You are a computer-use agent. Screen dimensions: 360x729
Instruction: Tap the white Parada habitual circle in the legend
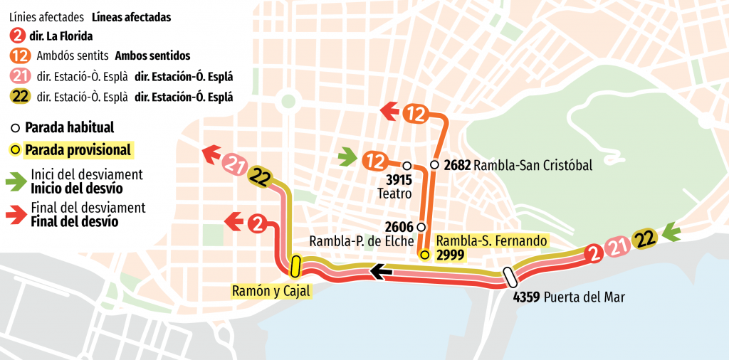[15, 129]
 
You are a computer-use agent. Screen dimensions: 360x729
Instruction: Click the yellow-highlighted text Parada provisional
[78, 150]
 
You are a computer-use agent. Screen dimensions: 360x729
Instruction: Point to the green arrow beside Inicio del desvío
[17, 181]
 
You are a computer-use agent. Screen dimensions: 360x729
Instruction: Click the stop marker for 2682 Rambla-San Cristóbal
[434, 165]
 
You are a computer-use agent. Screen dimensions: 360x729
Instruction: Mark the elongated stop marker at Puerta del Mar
[509, 276]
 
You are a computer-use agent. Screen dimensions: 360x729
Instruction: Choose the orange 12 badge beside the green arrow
[374, 160]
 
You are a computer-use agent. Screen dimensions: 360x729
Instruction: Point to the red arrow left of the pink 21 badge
[212, 153]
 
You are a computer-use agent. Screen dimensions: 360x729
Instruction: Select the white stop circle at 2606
[421, 227]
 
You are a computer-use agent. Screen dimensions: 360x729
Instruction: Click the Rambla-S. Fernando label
[491, 240]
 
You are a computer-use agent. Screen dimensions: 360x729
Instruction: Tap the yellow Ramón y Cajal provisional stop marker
[295, 266]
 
